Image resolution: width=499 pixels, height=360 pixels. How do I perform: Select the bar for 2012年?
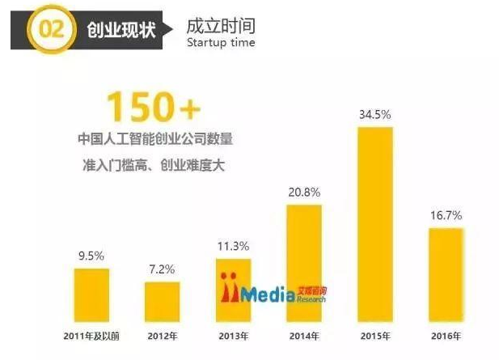coord(163,301)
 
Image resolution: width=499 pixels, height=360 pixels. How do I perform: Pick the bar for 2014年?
coord(304,262)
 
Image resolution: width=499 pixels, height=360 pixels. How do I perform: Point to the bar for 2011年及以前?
coord(91,294)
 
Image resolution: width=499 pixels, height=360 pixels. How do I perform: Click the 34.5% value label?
coord(374,115)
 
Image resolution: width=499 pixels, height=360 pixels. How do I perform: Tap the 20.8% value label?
coord(304,193)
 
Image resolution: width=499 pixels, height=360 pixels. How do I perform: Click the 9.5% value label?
coord(91,255)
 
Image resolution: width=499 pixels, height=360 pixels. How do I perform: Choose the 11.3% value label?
coord(233,246)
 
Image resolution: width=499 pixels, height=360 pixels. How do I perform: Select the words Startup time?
coord(220,42)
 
